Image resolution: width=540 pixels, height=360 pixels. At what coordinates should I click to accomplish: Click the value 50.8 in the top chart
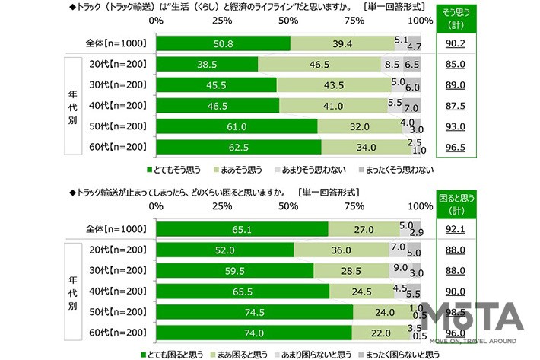[224, 44]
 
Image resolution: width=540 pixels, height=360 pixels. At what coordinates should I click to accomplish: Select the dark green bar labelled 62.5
[238, 148]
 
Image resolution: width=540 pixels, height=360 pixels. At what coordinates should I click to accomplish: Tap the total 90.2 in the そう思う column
[456, 44]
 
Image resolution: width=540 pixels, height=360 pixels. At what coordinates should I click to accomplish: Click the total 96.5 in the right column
[456, 148]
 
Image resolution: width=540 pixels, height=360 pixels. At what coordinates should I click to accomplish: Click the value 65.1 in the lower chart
[242, 229]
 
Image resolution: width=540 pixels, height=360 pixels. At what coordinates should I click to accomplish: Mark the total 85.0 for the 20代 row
[456, 65]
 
